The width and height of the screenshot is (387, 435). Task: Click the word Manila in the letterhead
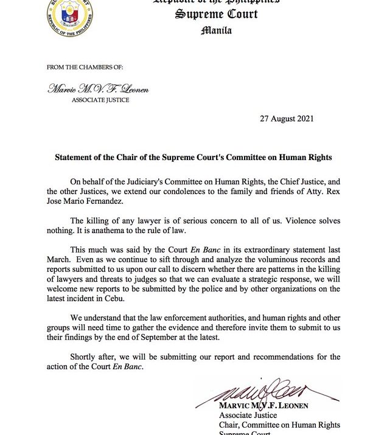tap(216, 30)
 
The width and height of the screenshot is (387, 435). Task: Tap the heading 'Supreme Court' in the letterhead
tap(216, 13)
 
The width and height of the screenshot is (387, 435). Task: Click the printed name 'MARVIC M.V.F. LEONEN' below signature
tap(264, 405)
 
